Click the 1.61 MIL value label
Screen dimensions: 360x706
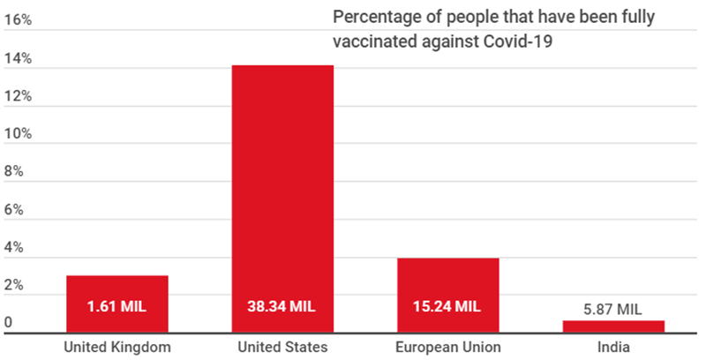116,307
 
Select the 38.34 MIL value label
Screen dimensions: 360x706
282,307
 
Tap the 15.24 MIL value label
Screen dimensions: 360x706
448,307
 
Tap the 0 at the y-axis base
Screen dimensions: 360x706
9,324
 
